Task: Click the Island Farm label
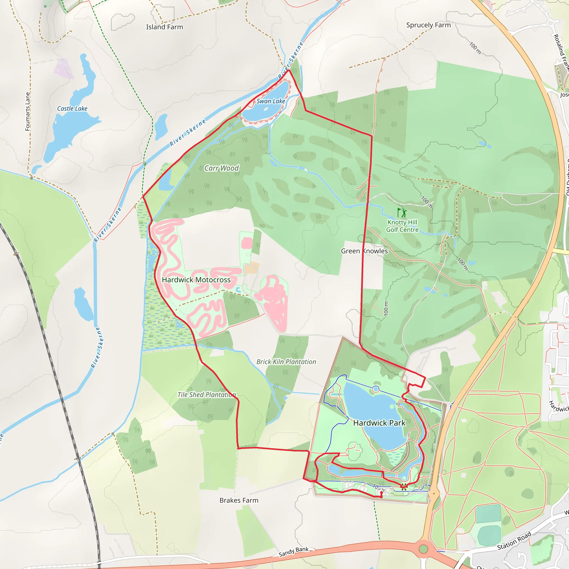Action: point(164,27)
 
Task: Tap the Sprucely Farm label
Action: point(428,25)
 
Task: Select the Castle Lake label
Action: point(72,109)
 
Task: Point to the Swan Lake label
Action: point(271,101)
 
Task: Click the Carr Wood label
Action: point(221,168)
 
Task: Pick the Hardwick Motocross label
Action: point(196,280)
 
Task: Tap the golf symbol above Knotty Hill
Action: point(402,212)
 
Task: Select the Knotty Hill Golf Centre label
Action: point(402,226)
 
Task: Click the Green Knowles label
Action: point(364,251)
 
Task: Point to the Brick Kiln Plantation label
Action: point(286,362)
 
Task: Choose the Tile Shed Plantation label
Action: point(206,395)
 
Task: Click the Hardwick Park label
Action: point(379,423)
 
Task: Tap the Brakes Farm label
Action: point(239,500)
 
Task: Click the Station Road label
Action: point(514,541)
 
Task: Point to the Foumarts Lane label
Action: point(28,111)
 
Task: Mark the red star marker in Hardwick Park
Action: point(404,486)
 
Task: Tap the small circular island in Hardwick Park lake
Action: point(376,389)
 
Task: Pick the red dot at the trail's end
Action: point(381,493)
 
